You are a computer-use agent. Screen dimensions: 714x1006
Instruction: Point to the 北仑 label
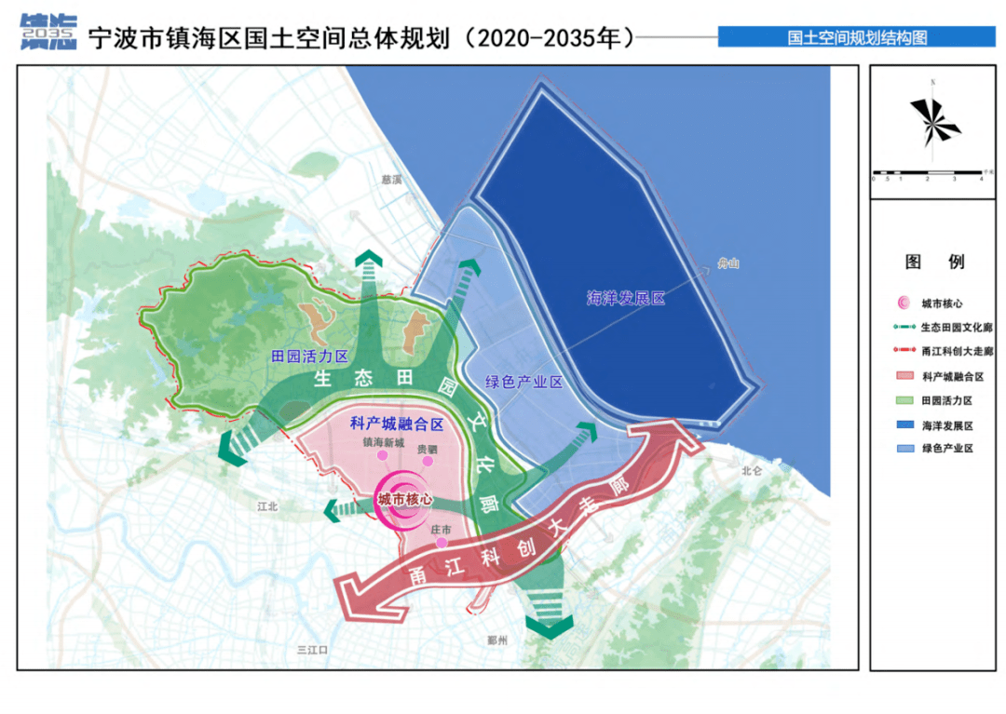(x=752, y=471)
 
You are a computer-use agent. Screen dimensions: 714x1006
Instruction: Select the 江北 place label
(x=268, y=506)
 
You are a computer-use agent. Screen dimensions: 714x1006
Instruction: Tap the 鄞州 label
(x=498, y=641)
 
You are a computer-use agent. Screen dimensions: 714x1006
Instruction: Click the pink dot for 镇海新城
(x=381, y=456)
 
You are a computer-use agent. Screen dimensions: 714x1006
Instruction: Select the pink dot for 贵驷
(x=428, y=461)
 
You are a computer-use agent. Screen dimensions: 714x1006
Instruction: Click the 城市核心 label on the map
(x=405, y=500)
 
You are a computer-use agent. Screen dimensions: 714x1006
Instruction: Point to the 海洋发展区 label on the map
(x=625, y=299)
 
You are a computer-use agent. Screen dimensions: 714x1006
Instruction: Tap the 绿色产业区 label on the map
(x=524, y=383)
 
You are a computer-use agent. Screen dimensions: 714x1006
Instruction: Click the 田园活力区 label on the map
(x=308, y=357)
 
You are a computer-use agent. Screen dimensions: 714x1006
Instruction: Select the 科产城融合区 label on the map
(x=396, y=424)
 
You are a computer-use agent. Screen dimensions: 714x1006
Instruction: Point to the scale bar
(x=928, y=173)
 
